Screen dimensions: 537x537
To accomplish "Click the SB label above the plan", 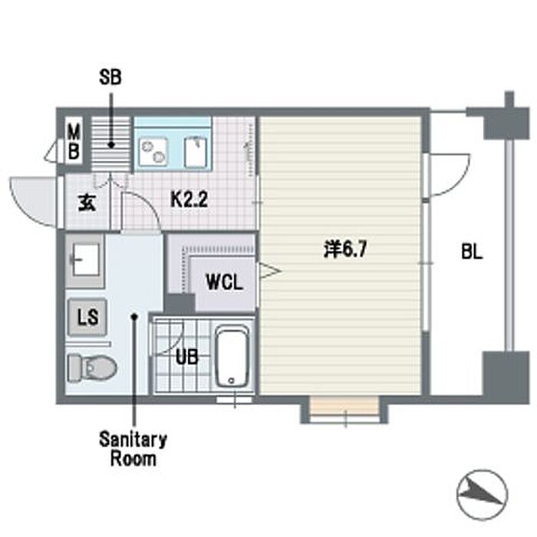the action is click(110, 77).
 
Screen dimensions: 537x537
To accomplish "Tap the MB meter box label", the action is click(74, 141).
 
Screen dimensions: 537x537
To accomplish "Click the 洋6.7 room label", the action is click(345, 249).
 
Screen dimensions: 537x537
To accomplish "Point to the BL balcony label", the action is click(472, 252).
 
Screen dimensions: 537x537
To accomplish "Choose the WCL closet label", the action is click(224, 282).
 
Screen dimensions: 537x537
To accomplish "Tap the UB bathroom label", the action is click(187, 357).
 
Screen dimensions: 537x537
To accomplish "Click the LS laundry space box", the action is click(87, 317).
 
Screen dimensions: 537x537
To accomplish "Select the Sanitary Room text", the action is click(133, 449).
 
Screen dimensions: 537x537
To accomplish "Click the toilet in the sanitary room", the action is click(92, 367).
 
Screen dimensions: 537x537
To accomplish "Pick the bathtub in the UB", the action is click(232, 357).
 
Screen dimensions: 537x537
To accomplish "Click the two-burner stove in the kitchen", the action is click(153, 152).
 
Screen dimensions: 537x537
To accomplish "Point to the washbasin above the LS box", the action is click(85, 261).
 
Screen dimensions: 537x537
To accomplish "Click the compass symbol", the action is click(483, 495).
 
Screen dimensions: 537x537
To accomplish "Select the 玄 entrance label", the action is click(87, 203).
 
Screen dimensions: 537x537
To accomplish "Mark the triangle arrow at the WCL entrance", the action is click(269, 271).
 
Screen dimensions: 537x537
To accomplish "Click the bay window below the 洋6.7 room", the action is click(344, 410).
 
